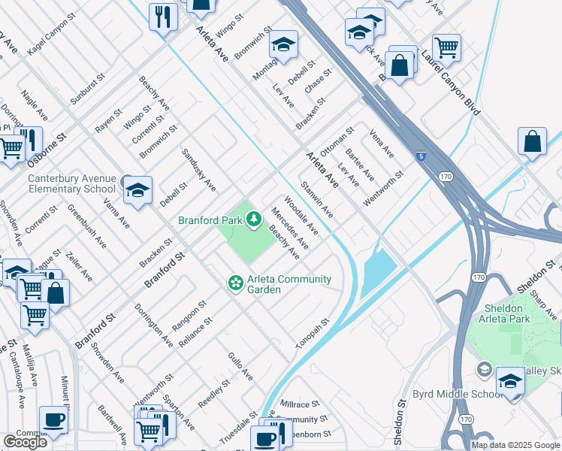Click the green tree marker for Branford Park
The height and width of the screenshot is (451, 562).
pyautogui.click(x=254, y=219)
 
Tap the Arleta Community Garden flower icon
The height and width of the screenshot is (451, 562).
pyautogui.click(x=235, y=283)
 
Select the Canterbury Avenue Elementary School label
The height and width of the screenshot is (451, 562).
pyautogui.click(x=72, y=183)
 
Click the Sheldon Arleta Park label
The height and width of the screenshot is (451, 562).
pyautogui.click(x=503, y=313)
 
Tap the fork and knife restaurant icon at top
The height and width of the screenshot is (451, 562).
pyautogui.click(x=163, y=16)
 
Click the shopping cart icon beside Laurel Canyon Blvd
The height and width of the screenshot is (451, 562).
pyautogui.click(x=446, y=49)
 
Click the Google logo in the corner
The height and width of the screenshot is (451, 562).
pyautogui.click(x=25, y=442)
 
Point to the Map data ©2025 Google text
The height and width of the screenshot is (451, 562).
pyautogui.click(x=515, y=445)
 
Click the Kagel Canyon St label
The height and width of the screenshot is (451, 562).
pyautogui.click(x=57, y=36)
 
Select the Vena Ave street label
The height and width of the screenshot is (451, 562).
pyautogui.click(x=382, y=144)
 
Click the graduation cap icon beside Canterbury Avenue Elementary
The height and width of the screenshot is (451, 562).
pyautogui.click(x=138, y=192)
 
